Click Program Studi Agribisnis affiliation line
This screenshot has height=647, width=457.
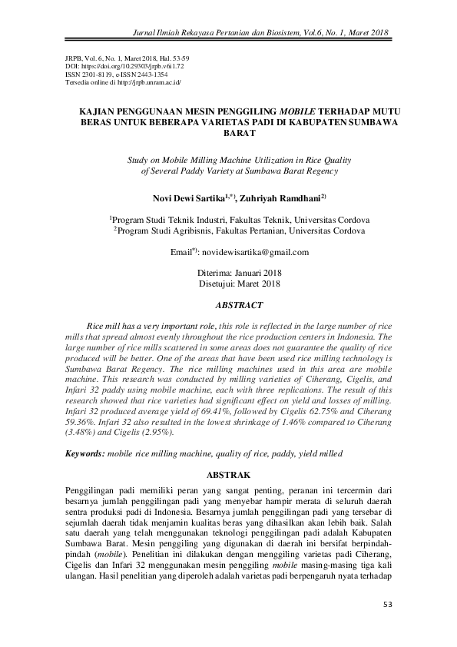[x=240, y=230]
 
